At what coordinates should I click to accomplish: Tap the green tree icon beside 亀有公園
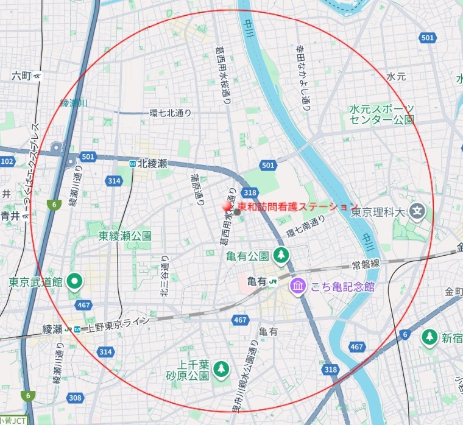[281, 255]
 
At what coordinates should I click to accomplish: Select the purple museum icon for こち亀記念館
[297, 286]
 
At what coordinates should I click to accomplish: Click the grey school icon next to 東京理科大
[417, 212]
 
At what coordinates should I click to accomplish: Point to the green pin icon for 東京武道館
[74, 281]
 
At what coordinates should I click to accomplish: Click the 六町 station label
[21, 76]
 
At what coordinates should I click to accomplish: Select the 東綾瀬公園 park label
[124, 236]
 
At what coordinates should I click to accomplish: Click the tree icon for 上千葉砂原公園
[221, 368]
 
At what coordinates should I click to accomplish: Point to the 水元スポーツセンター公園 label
[382, 114]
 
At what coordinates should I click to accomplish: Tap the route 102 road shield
[7, 161]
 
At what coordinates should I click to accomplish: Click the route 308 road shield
[76, 398]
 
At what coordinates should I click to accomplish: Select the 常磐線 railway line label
[366, 264]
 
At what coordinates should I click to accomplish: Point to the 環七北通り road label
[171, 113]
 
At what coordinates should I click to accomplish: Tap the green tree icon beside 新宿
[430, 337]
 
